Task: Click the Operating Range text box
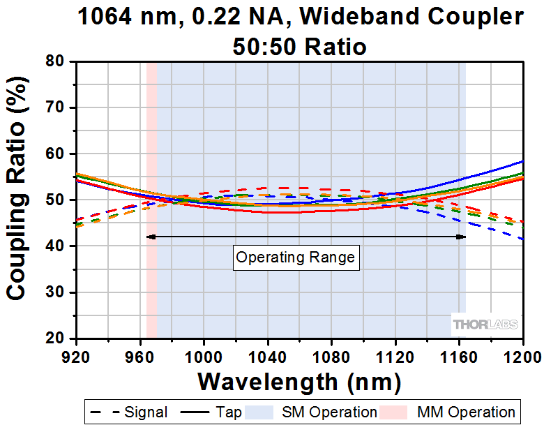tap(296, 258)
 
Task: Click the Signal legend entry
tap(128, 412)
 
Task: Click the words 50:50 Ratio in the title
tap(299, 47)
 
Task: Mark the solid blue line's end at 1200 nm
tap(522, 161)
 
